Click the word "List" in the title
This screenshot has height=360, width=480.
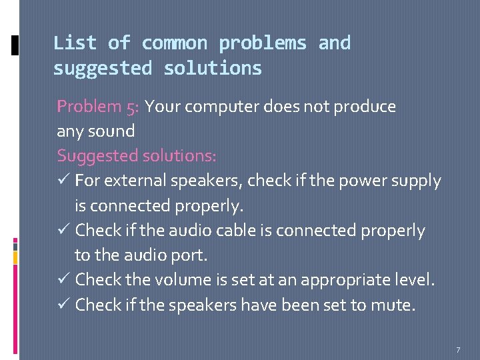(x=75, y=43)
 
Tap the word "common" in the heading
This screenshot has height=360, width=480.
(x=175, y=43)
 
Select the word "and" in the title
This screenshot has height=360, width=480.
(x=334, y=43)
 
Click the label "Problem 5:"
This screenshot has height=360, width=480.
(x=98, y=107)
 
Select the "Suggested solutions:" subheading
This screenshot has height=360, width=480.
(x=137, y=156)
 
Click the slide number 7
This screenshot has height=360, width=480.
(x=458, y=350)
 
